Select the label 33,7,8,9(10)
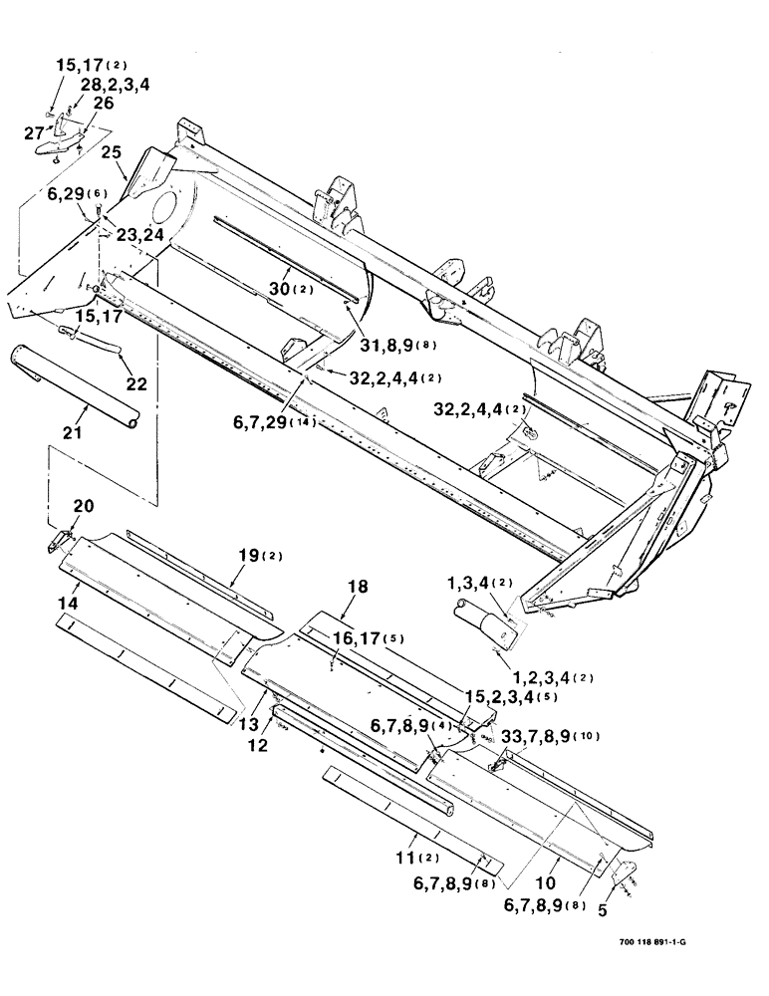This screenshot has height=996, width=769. pos(564,736)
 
